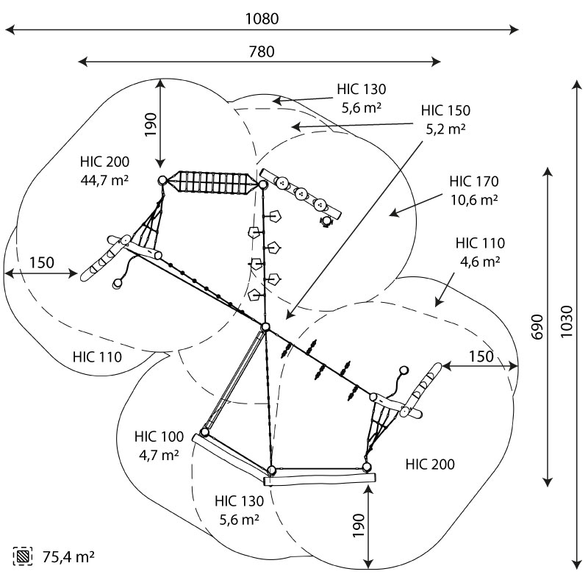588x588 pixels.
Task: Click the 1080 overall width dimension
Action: (262, 19)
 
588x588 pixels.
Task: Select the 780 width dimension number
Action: (262, 51)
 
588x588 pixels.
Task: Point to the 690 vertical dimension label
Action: (537, 326)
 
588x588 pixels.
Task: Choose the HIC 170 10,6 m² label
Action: (475, 190)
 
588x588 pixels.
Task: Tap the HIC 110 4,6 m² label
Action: (479, 251)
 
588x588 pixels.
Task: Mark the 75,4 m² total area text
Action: (68, 556)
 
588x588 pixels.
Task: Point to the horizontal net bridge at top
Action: (212, 182)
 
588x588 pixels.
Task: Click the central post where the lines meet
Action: (266, 327)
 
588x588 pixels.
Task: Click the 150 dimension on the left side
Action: (41, 262)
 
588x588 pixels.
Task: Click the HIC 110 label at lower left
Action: (97, 356)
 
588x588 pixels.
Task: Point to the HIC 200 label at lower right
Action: (429, 464)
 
